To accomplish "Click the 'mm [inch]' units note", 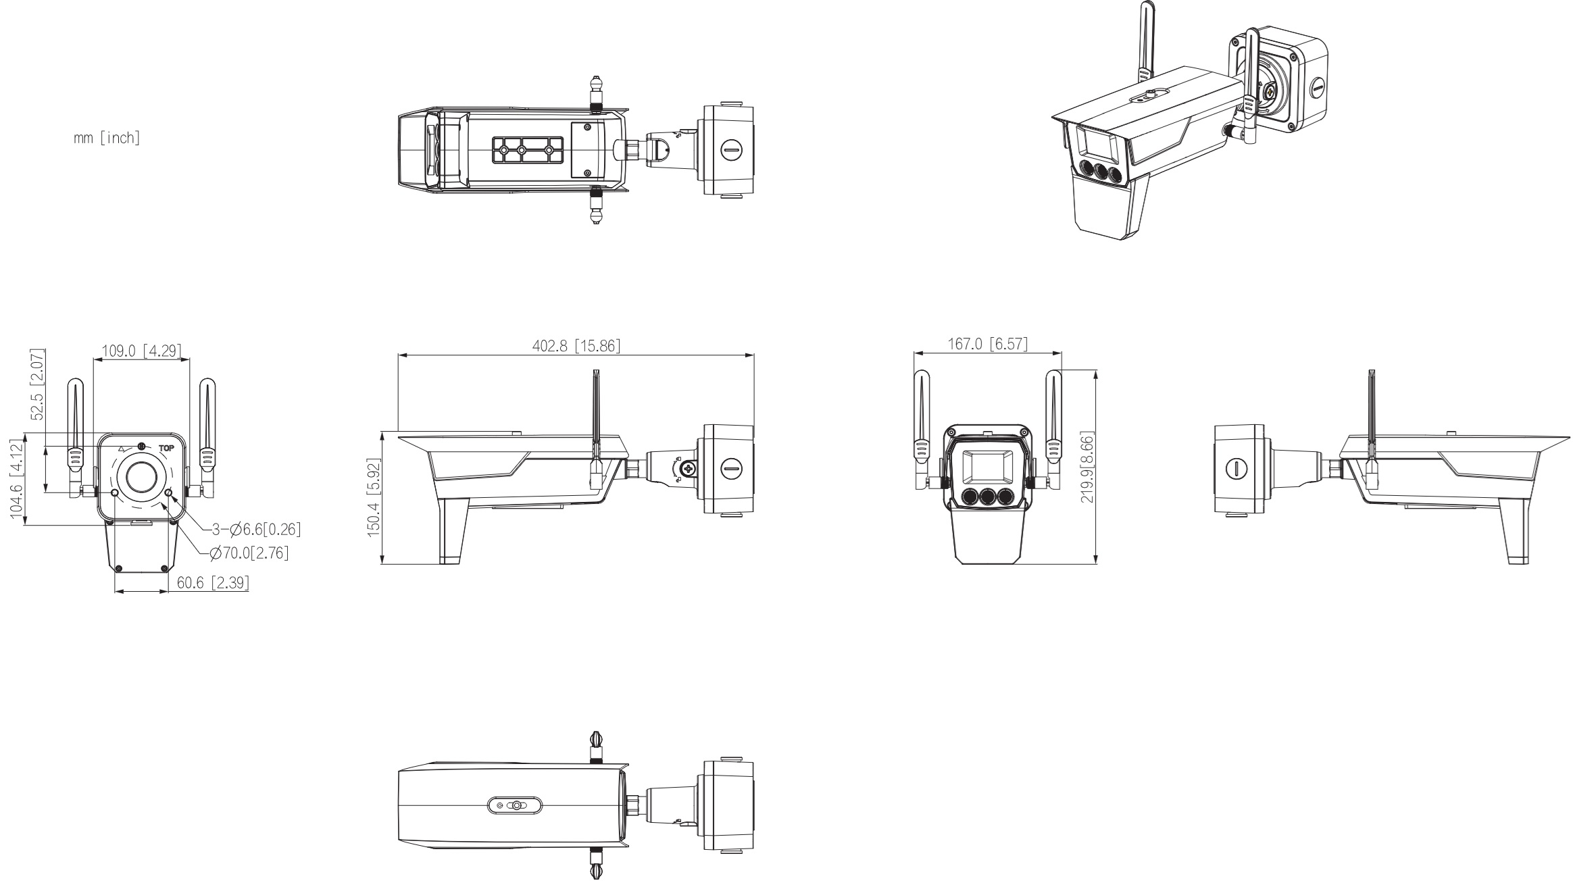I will (107, 138).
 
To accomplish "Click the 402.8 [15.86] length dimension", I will (576, 346).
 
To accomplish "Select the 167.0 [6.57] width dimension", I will (987, 344).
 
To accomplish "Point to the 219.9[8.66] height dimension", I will (1086, 467).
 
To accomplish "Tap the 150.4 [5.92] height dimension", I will (374, 498).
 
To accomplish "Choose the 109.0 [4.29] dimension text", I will (141, 351).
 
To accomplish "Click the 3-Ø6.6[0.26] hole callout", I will (256, 530).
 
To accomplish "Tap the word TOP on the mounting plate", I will (166, 447).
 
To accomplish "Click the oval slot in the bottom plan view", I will (515, 805).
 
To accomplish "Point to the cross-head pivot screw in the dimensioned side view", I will (689, 467).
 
